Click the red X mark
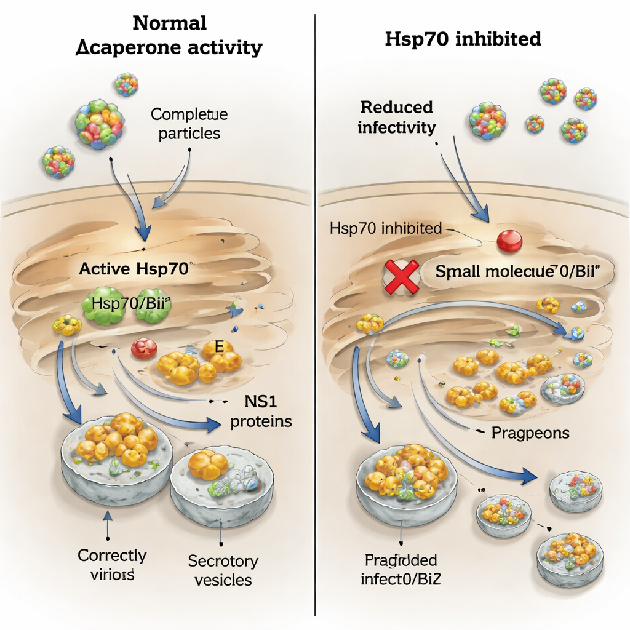click(x=399, y=276)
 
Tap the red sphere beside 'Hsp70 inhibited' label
click(x=509, y=241)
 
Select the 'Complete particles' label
click(x=189, y=124)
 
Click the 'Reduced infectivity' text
click(x=397, y=117)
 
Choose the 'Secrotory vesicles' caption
click(x=223, y=570)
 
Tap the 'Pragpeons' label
click(x=530, y=433)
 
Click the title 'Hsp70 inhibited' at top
click(x=463, y=39)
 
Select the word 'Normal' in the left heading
click(x=169, y=23)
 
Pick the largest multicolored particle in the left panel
click(x=100, y=122)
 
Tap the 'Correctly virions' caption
click(x=112, y=565)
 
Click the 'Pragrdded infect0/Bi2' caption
click(x=400, y=570)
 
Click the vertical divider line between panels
click(x=315, y=308)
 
